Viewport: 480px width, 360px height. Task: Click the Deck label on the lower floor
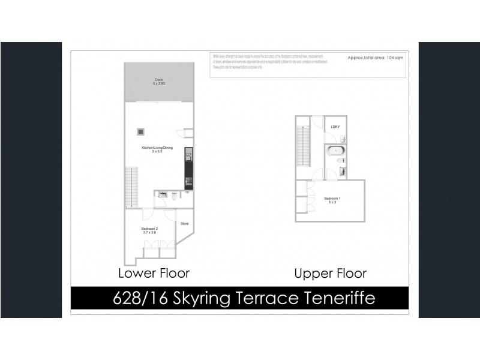pyautogui.click(x=158, y=82)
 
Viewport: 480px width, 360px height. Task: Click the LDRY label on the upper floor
pyautogui.click(x=335, y=127)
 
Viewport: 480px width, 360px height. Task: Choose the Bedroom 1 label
pyautogui.click(x=332, y=200)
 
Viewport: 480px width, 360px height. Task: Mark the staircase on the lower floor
pyautogui.click(x=131, y=187)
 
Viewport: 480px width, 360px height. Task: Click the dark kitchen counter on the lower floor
pyautogui.click(x=188, y=169)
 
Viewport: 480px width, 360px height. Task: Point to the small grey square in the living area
pyautogui.click(x=141, y=131)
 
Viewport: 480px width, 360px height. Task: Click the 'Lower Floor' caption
pyautogui.click(x=154, y=274)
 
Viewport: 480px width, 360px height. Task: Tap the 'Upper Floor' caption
pyautogui.click(x=330, y=274)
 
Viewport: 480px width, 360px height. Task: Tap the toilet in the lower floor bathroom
pyautogui.click(x=173, y=195)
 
